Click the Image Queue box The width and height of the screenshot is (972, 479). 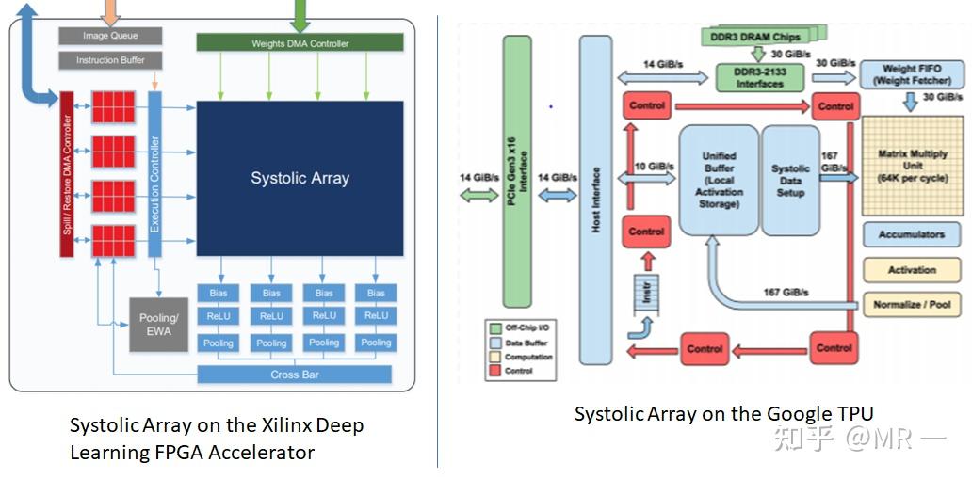click(110, 36)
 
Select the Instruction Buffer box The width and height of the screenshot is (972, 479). click(110, 60)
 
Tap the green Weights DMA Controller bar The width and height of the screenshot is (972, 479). click(300, 43)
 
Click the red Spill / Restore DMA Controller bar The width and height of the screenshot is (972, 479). click(67, 174)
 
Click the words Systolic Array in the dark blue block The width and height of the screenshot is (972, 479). click(300, 178)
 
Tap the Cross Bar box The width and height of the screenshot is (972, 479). click(294, 375)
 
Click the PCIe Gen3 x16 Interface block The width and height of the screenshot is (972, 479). click(516, 172)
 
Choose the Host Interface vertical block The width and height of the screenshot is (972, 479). click(595, 200)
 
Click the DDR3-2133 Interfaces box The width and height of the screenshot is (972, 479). click(760, 78)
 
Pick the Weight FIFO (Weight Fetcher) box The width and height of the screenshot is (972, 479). click(911, 75)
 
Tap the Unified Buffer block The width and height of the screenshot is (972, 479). click(719, 180)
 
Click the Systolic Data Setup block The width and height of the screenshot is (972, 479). click(790, 180)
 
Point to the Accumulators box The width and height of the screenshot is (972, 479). click(912, 235)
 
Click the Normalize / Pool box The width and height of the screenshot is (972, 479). click(912, 304)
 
